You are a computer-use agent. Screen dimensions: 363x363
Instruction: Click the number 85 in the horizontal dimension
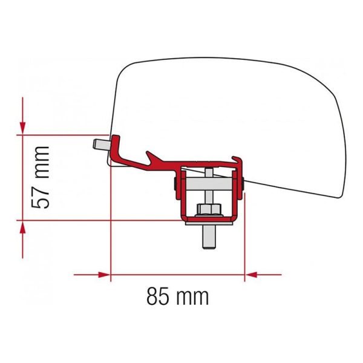pos(159,296)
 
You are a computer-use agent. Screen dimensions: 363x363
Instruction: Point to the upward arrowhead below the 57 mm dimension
pos(22,227)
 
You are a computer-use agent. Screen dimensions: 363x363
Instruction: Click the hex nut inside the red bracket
pos(208,210)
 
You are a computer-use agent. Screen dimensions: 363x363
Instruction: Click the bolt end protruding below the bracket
pos(208,239)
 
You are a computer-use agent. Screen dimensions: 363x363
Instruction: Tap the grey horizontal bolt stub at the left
pos(100,144)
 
